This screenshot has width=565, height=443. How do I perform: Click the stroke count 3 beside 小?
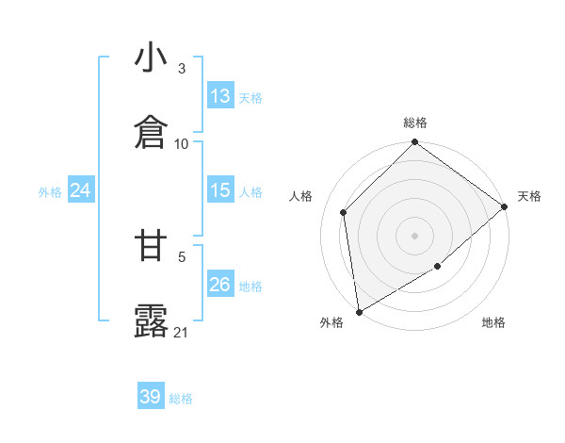182,69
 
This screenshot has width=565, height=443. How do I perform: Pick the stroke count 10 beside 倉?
182,143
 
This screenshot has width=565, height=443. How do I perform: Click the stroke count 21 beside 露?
182,332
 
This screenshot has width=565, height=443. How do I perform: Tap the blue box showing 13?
220,96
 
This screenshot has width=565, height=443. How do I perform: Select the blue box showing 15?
220,190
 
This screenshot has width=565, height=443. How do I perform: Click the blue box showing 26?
220,285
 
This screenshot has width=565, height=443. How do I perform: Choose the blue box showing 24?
81,190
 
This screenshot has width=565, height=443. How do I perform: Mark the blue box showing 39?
151,397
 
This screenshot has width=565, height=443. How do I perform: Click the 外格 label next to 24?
50,191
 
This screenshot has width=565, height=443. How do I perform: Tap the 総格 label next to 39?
181,398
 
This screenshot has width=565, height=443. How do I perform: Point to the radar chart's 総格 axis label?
415,123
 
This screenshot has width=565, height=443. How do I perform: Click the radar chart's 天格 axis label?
529,196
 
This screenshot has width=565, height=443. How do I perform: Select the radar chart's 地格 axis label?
493,322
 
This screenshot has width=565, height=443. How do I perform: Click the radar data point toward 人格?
344,212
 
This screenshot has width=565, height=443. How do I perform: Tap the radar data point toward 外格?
359,312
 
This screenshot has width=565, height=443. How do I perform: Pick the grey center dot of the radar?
415,235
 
